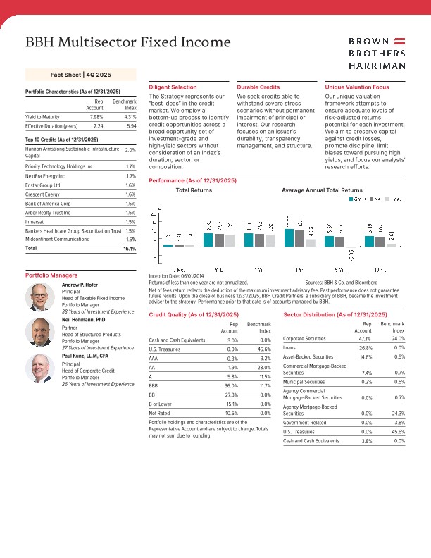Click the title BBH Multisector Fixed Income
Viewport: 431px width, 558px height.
(127, 42)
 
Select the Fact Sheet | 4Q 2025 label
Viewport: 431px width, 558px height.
(80, 74)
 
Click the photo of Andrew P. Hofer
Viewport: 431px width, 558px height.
(39, 299)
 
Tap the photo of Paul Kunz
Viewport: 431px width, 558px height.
(39, 367)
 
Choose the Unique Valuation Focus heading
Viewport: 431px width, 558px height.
(356, 87)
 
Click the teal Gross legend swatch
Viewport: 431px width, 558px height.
(352, 199)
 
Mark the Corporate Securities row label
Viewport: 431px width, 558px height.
(308, 339)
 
